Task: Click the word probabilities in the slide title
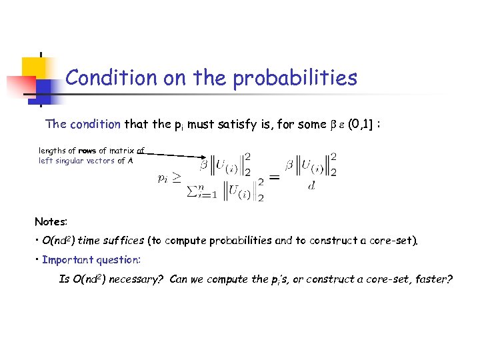(x=295, y=79)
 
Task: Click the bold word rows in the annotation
(x=88, y=151)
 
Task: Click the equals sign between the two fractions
(x=273, y=177)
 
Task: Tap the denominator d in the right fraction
(x=311, y=186)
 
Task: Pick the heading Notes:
(x=51, y=221)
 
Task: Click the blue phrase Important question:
(x=91, y=259)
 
